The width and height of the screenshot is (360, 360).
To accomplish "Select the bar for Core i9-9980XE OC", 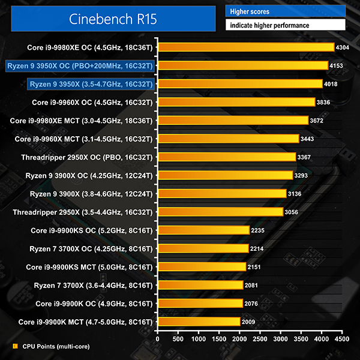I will [x=245, y=47].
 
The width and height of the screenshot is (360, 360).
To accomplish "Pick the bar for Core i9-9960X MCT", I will [x=228, y=139].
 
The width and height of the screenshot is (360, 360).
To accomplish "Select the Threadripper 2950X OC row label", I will [x=85, y=157].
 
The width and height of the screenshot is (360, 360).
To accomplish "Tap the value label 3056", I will [x=293, y=212].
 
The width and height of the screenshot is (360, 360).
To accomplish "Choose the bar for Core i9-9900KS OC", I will [x=203, y=230].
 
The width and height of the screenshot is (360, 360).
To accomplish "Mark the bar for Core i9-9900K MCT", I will [x=199, y=322].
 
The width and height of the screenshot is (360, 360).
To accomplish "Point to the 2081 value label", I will [x=253, y=285].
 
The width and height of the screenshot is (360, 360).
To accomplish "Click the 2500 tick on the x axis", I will [x=260, y=338].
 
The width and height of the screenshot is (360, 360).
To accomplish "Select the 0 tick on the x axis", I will [x=158, y=338].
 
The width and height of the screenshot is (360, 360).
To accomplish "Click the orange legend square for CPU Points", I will [x=15, y=346].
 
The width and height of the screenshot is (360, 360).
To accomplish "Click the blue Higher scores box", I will [x=285, y=11].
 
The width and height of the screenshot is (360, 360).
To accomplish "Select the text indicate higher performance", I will [x=268, y=25].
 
